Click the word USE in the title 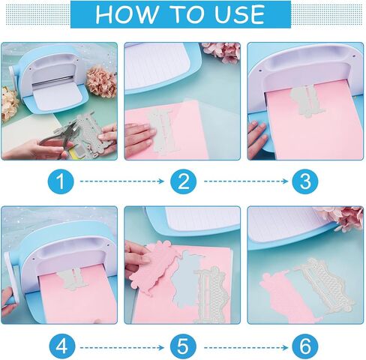[239, 14]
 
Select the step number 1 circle [61, 181]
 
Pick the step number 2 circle [183, 181]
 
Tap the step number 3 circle [305, 181]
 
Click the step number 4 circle [61, 347]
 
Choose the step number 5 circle [183, 347]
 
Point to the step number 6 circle [305, 347]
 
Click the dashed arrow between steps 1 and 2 [122, 181]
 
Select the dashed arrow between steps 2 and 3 [246, 181]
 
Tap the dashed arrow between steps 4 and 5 [122, 347]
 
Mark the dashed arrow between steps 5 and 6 [246, 347]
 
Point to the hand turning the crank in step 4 [8, 301]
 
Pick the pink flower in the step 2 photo [221, 52]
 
